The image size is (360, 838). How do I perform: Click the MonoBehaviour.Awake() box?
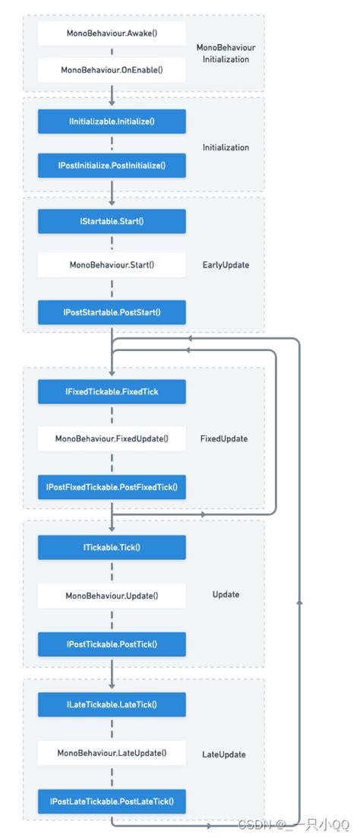[x=112, y=33]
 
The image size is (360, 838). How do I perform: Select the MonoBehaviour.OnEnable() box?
[x=112, y=70]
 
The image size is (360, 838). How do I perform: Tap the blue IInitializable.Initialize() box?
[x=112, y=121]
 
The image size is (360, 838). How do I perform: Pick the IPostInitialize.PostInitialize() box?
[x=112, y=164]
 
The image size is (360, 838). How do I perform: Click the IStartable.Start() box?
[x=112, y=221]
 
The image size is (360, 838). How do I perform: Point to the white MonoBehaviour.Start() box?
[x=112, y=264]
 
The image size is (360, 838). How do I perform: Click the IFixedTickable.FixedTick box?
[x=112, y=392]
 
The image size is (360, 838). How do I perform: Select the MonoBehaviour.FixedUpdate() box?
[x=112, y=438]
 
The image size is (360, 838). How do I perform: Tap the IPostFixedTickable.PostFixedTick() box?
[x=112, y=486]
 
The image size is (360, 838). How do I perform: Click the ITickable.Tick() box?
[x=112, y=547]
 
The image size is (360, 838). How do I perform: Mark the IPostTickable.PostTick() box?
[x=112, y=644]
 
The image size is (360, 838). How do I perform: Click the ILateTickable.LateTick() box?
[x=112, y=704]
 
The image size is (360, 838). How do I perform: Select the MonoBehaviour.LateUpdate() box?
[x=112, y=753]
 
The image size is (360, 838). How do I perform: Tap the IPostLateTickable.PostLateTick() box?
[x=112, y=801]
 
